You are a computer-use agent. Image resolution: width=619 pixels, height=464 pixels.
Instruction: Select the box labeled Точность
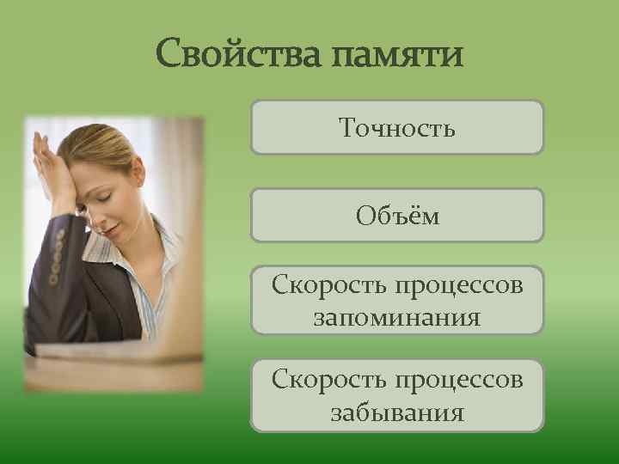tap(397, 127)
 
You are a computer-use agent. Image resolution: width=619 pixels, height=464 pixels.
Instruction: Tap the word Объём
tap(397, 216)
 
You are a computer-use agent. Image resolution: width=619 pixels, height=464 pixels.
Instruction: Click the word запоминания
tap(397, 319)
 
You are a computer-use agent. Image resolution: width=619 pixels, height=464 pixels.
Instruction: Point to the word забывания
tap(397, 413)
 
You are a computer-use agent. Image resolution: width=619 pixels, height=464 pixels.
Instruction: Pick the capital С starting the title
tap(169, 57)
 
